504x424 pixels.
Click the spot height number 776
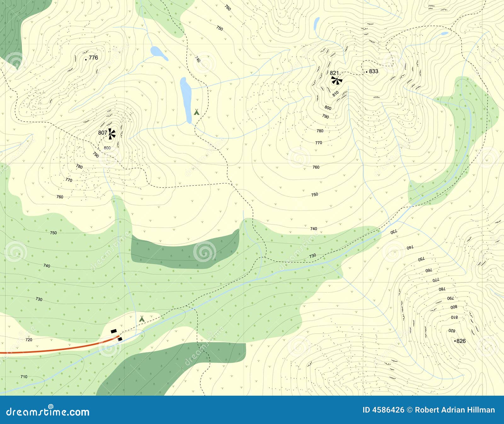[93, 58]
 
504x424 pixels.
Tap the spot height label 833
[374, 71]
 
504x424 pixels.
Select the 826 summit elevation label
[461, 341]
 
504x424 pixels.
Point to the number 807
[102, 133]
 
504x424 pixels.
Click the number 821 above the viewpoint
[334, 73]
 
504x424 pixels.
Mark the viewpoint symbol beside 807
[111, 134]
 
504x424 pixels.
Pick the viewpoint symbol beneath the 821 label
[337, 81]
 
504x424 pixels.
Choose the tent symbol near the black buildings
[142, 319]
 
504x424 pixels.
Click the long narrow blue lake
[186, 100]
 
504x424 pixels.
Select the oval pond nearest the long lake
[159, 52]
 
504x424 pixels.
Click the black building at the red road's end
[120, 339]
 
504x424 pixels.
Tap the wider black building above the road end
[114, 331]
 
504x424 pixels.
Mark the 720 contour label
[29, 340]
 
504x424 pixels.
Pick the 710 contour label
[24, 376]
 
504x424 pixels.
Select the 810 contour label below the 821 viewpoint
[335, 93]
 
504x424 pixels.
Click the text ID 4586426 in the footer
[383, 410]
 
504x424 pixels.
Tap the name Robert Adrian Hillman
[455, 410]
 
